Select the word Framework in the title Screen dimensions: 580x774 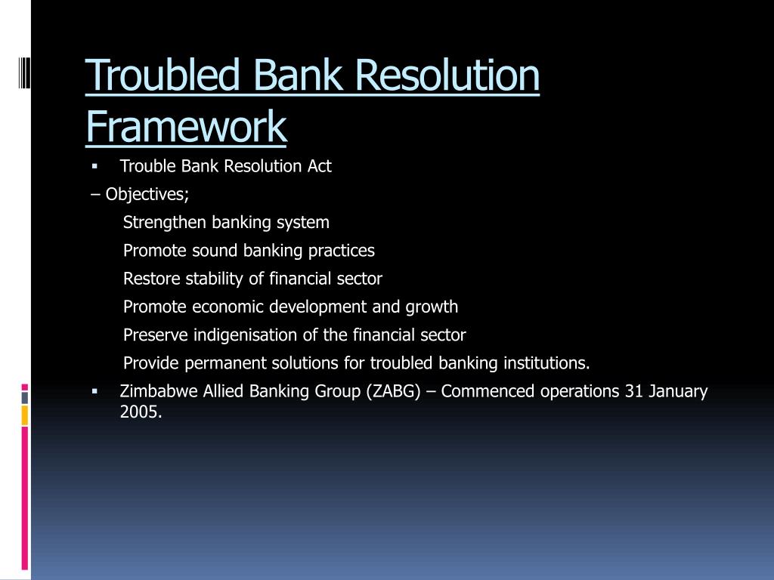tap(186, 126)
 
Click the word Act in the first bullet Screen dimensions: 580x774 tap(319, 166)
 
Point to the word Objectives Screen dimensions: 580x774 tap(147, 194)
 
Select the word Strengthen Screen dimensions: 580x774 tap(165, 222)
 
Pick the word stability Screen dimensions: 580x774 tap(215, 279)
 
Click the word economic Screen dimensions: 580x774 tap(232, 307)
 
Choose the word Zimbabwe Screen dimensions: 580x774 tap(159, 391)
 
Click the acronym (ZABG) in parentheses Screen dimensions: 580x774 tap(391, 391)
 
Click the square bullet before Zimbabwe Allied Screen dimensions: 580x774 tap(94, 391)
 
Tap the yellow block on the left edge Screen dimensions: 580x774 tap(25, 415)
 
